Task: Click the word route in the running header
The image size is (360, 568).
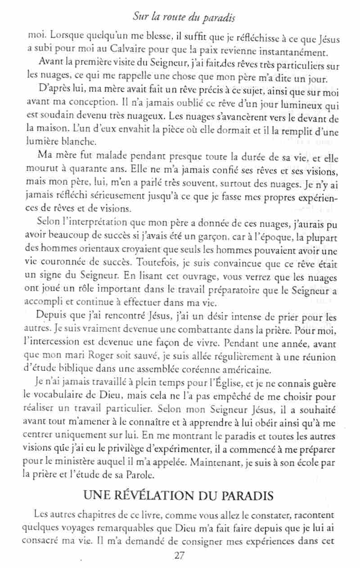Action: [x=172, y=18]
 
